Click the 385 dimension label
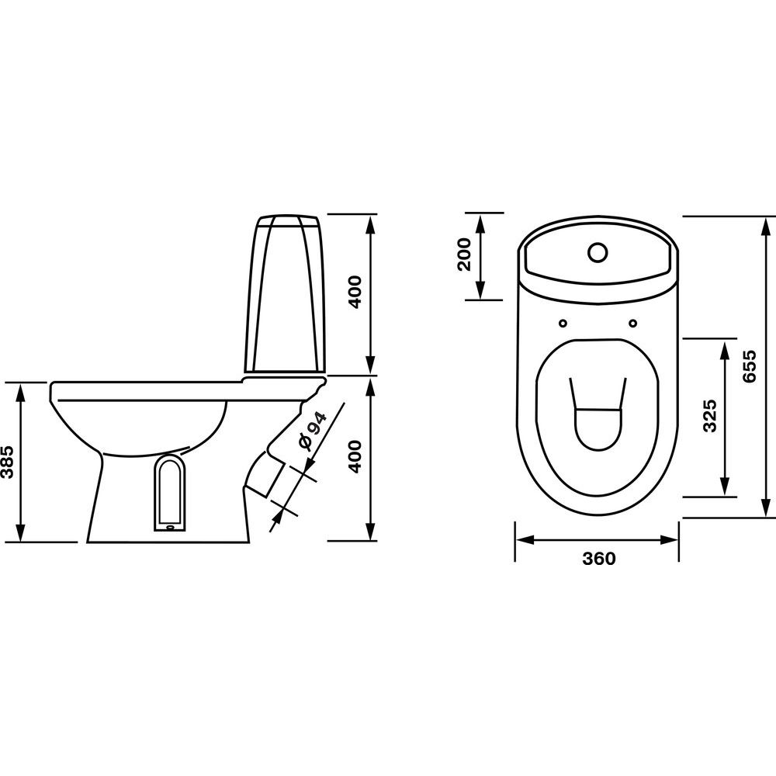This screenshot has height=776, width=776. [8, 461]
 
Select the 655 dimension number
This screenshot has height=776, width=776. [750, 365]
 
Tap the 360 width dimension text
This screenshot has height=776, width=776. [599, 558]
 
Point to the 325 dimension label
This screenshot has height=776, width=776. [710, 416]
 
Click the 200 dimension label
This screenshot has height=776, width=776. [464, 255]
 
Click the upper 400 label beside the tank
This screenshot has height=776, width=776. [356, 293]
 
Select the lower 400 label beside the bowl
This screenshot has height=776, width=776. [356, 457]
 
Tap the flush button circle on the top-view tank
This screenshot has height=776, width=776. [598, 252]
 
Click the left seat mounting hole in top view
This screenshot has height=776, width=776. [563, 323]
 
